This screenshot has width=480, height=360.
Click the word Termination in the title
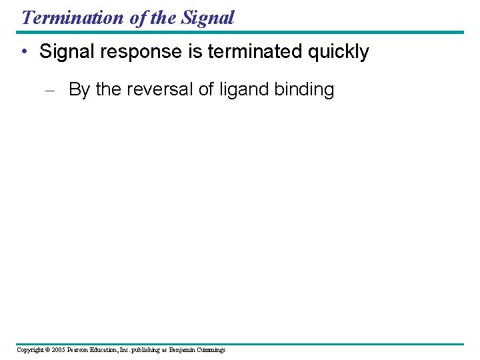tap(73, 17)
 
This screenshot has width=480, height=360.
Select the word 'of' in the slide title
tap(139, 17)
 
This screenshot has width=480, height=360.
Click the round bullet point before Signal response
tap(25, 52)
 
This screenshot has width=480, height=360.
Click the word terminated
tap(256, 52)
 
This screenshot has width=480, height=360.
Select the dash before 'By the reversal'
tap(53, 90)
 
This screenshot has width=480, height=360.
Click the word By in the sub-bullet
tap(79, 90)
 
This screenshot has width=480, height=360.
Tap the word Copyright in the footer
tap(30, 350)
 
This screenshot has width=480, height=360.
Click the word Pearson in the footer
tap(82, 350)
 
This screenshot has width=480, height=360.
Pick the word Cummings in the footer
tap(211, 350)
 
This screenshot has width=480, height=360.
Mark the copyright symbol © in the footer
tap(48, 350)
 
